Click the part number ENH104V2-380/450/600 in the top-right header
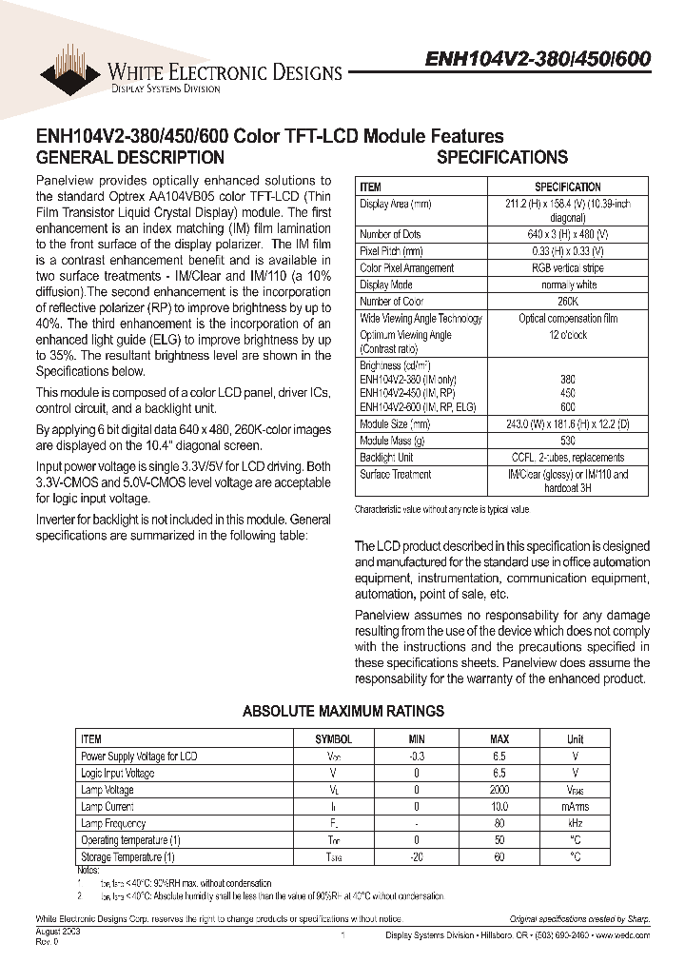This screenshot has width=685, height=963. (x=537, y=58)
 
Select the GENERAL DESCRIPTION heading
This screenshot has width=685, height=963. (x=129, y=158)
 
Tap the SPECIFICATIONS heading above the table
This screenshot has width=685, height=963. (x=501, y=158)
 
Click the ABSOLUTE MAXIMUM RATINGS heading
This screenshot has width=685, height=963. (x=342, y=711)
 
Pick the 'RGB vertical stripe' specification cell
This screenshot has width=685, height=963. (x=567, y=268)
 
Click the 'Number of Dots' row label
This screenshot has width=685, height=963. (x=390, y=235)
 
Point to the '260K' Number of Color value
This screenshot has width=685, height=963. (x=567, y=302)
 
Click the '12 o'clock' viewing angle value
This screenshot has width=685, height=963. (x=567, y=335)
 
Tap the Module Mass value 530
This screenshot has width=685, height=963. (x=567, y=441)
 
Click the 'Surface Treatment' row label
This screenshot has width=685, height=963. (x=395, y=474)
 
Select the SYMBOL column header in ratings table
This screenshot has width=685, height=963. (x=333, y=739)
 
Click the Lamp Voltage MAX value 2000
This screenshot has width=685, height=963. (x=499, y=790)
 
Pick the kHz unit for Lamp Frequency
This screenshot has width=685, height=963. (x=575, y=824)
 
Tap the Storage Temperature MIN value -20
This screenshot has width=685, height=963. (x=417, y=857)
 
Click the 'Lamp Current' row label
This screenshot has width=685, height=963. (x=107, y=807)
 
